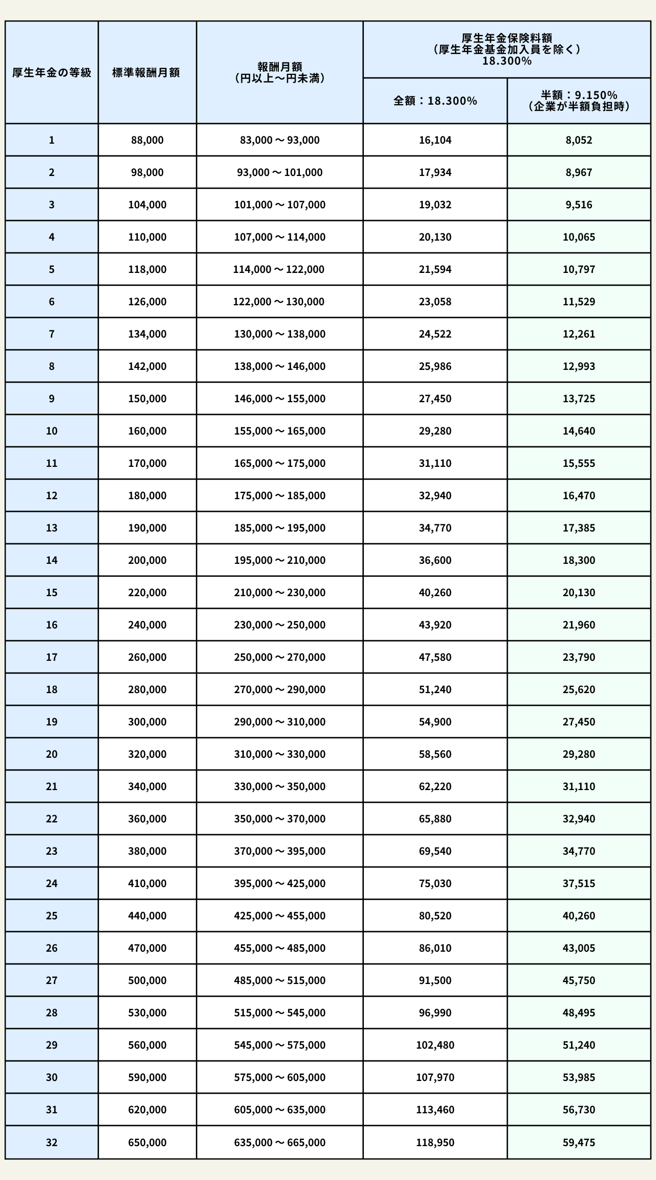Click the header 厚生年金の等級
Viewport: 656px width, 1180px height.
tap(52, 72)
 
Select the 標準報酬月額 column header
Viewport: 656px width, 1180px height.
tap(147, 72)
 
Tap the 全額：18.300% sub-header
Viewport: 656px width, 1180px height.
tap(435, 101)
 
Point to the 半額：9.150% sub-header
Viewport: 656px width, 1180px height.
tap(579, 101)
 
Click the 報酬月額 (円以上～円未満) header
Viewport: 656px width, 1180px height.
tap(279, 72)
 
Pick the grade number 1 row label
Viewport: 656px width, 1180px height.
tap(52, 140)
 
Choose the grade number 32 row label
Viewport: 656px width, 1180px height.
tap(52, 1143)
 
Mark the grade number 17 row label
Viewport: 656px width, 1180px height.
tap(52, 657)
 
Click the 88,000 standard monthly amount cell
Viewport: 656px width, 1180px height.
tap(147, 140)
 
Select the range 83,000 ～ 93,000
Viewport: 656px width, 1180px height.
tap(279, 140)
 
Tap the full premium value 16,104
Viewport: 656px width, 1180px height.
tap(435, 140)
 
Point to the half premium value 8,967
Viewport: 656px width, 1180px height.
tap(579, 172)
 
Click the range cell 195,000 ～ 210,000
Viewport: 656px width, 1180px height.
tap(279, 560)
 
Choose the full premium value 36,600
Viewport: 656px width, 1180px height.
tap(435, 560)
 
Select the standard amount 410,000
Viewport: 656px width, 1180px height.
tap(147, 883)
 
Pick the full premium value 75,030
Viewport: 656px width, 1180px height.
tap(435, 883)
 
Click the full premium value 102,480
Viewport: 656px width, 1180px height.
tap(435, 1045)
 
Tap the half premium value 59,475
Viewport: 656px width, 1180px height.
tap(579, 1143)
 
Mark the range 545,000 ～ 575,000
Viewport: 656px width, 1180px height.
tap(279, 1045)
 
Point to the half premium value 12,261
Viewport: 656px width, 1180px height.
tap(579, 334)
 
